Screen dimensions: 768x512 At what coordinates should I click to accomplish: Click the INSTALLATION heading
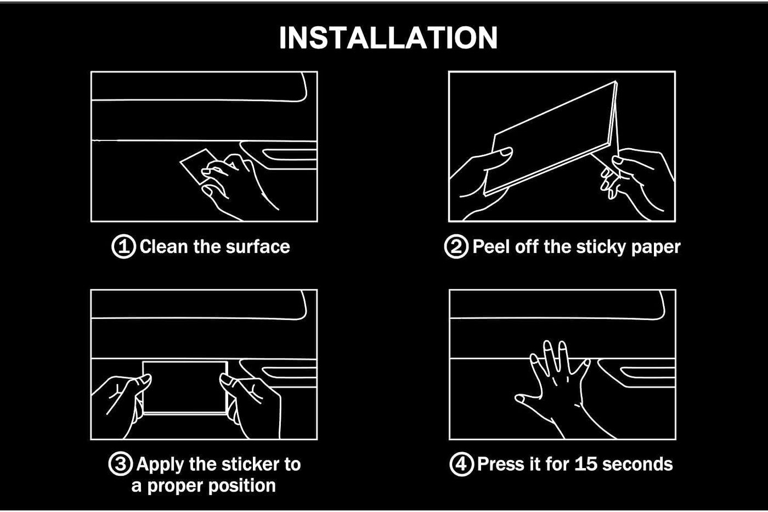tap(388, 37)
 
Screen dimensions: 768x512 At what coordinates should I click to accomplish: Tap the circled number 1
tap(123, 246)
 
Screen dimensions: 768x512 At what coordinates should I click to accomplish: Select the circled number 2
tap(456, 246)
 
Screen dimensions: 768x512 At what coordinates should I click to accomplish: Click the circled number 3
tap(120, 464)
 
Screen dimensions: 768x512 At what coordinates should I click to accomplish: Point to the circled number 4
tap(461, 464)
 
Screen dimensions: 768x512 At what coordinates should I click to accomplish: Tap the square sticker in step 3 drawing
tap(185, 387)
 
